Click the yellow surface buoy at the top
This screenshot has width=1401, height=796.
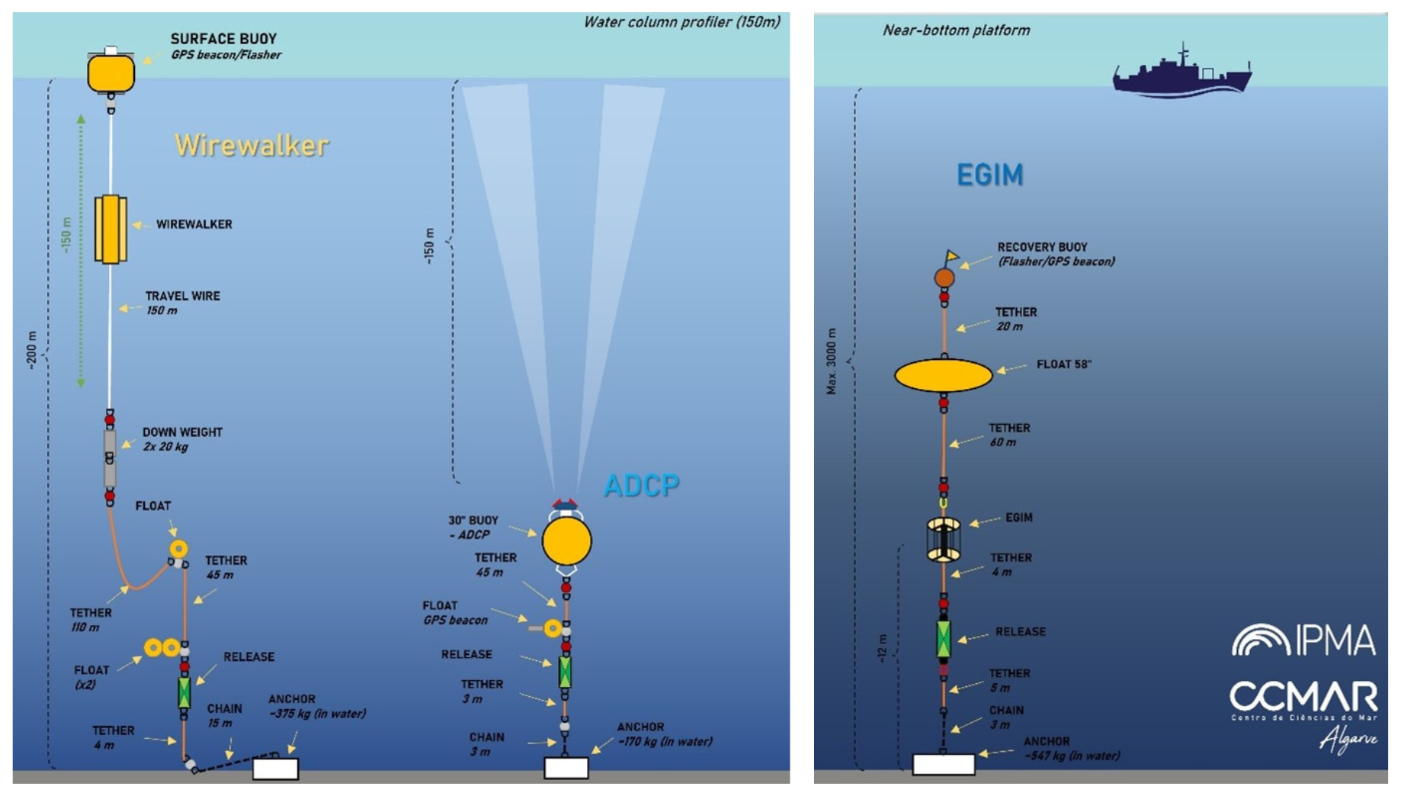(111, 73)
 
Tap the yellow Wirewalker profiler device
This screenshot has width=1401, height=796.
(111, 229)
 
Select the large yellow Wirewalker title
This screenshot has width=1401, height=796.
(252, 145)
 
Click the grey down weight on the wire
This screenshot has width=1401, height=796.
(110, 457)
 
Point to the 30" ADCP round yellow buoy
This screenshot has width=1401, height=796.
(566, 541)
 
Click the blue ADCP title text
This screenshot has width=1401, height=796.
(641, 485)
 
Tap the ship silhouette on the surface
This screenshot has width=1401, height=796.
(1181, 73)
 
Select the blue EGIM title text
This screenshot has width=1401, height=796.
(989, 175)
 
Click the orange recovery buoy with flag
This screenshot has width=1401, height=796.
(944, 277)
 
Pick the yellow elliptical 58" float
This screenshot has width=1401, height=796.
(943, 375)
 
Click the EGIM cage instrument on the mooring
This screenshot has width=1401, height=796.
(943, 539)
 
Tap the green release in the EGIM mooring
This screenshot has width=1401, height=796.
(944, 638)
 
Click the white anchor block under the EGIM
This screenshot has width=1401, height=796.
(944, 764)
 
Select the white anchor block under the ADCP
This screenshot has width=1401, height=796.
(566, 767)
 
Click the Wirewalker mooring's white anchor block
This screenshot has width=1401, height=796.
(275, 769)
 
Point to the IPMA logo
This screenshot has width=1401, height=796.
(1303, 640)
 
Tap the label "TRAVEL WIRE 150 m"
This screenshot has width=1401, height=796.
(182, 303)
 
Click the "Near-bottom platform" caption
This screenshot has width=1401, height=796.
(956, 30)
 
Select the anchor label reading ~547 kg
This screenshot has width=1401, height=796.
(1071, 749)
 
